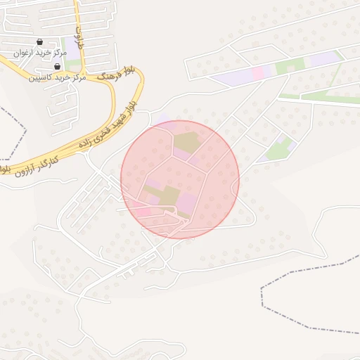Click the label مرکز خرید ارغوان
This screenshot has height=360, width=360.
point(40,53)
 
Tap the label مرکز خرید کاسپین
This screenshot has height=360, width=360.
point(57,77)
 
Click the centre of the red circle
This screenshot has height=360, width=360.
point(180,179)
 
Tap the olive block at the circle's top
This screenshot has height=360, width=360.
point(186,141)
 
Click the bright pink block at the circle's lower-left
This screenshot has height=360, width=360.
point(141,211)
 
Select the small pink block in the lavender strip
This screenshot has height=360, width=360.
point(258,72)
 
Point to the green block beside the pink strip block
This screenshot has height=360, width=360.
point(285,67)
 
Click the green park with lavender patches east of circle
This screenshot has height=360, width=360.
point(279,150)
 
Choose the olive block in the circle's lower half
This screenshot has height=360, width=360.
point(169,195)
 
